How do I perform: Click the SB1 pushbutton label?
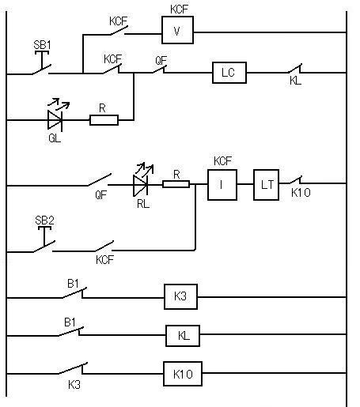42,45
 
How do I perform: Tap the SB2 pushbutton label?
44,220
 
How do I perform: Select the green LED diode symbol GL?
55,120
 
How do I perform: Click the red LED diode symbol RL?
140,186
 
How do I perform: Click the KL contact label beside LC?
295,81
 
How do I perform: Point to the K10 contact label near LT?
301,193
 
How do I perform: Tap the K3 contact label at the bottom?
74,385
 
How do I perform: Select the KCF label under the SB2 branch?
104,260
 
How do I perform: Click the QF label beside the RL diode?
101,195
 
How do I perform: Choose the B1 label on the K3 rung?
73,284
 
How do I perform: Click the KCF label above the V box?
179,9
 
